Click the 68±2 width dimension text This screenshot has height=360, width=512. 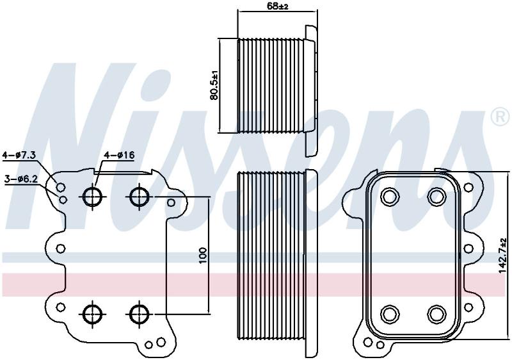coord(278,6)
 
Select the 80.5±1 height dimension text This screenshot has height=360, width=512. coord(214,85)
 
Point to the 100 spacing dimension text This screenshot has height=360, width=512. coord(203,256)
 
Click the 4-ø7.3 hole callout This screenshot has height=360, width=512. coord(19,155)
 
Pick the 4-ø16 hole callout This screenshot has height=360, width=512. coord(119,155)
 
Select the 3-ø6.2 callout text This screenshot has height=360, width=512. coord(21,179)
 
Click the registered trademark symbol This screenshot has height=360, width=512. coord(500,115)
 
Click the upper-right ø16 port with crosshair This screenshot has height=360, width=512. coord(140,196)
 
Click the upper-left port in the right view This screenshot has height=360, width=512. coord(390,196)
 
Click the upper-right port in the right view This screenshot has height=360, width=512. coord(437,196)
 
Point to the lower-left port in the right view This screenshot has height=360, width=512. coord(390,315)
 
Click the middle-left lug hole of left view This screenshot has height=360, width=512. coord(60,249)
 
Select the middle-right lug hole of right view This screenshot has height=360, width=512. coord(468,249)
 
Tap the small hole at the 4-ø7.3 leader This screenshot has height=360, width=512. coord(60,187)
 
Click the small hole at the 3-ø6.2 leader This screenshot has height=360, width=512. coord(63,199)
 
